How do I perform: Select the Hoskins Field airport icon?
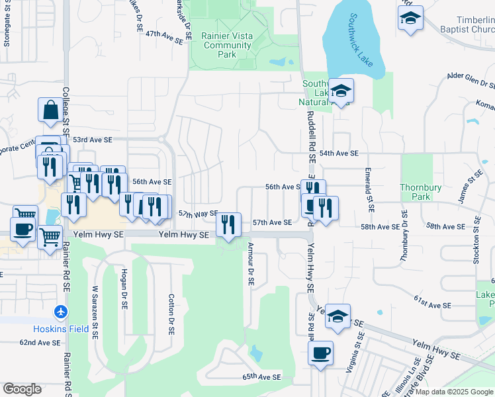pos(62,311)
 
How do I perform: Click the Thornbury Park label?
pos(420,192)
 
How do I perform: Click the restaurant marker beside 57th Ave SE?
pos(228,225)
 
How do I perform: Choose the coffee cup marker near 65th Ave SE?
pos(320,353)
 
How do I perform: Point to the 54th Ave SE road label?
pos(338,154)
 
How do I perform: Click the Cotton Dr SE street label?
pos(171,314)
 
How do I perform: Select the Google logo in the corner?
pos(22,389)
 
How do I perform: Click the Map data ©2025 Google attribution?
pos(454,392)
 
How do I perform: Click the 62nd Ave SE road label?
pos(40,343)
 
